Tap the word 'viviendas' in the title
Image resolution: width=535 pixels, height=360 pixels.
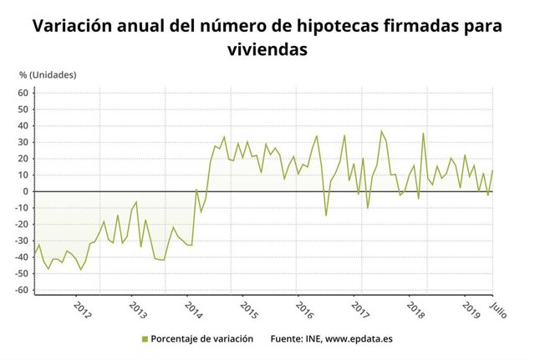(267, 49)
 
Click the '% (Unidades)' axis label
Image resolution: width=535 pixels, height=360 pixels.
(48, 75)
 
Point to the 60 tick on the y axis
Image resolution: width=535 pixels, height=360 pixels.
(24, 93)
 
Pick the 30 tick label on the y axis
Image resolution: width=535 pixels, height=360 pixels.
(24, 142)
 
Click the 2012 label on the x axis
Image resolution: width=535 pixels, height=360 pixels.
(82, 307)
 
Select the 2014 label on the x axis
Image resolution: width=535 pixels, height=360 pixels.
(193, 307)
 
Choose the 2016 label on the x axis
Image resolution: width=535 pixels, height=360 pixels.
(304, 307)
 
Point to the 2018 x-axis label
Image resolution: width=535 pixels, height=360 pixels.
(415, 307)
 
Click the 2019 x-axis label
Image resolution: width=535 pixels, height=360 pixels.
(471, 307)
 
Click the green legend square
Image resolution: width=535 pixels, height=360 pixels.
(144, 339)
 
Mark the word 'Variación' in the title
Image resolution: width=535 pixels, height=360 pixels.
(71, 26)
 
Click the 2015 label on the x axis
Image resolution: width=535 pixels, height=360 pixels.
(248, 307)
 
